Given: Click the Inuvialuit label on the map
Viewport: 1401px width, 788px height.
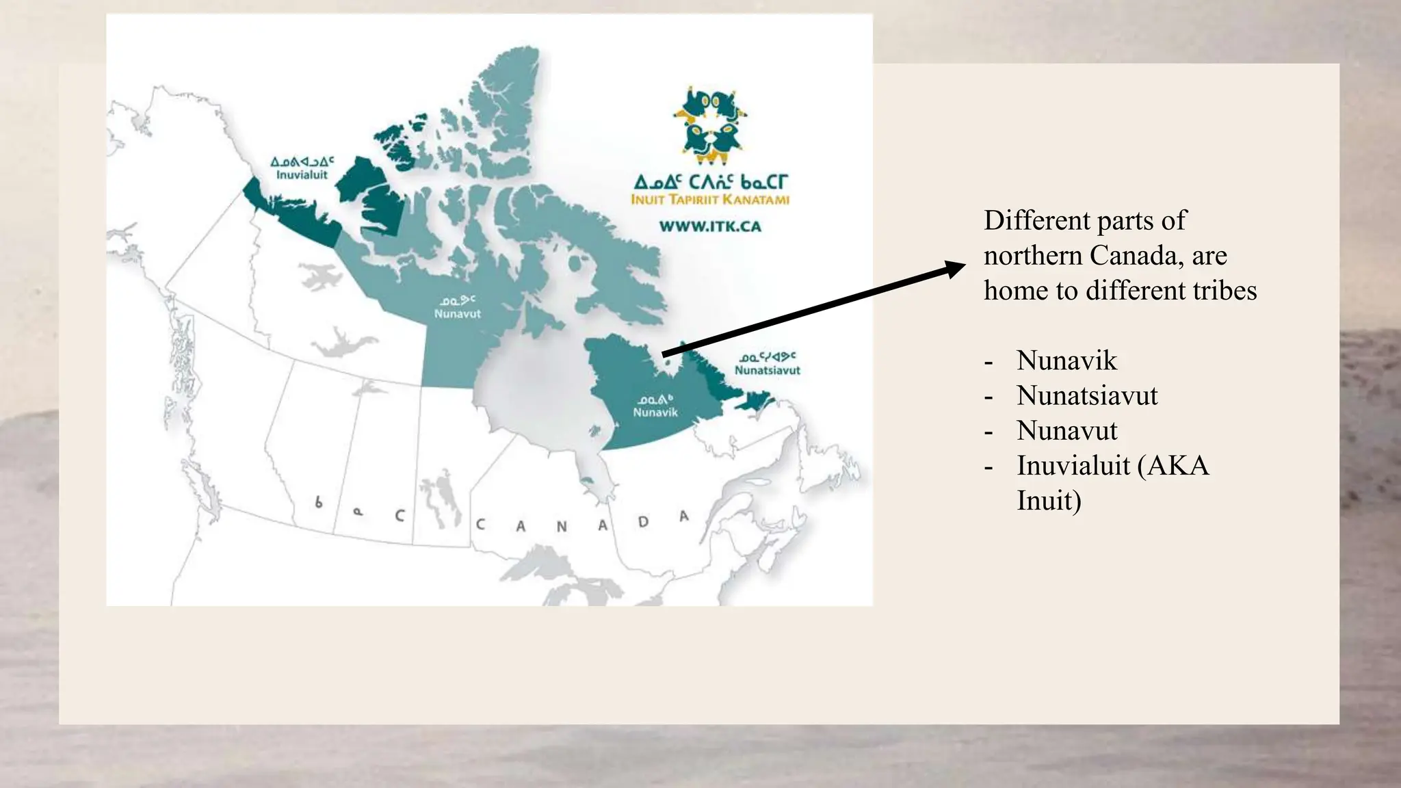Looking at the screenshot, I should click(x=302, y=175).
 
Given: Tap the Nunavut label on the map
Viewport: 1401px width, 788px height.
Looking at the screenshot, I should click(x=457, y=314).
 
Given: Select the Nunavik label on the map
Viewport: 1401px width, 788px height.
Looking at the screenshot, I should click(x=655, y=412).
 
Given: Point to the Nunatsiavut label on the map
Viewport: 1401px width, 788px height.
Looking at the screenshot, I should click(x=767, y=370).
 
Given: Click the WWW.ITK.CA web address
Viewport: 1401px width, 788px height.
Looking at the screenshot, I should click(x=710, y=226).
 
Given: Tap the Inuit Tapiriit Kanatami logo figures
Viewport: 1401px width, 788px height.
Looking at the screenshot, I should click(x=710, y=125).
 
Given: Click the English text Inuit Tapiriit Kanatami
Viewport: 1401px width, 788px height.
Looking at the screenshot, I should click(x=710, y=200).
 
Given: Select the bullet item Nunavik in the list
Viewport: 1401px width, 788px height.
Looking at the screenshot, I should click(x=1066, y=360).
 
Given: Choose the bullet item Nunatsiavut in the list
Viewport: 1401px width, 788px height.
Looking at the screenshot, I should click(x=1087, y=395).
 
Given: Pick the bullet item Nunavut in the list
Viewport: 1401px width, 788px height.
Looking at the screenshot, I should click(x=1066, y=431).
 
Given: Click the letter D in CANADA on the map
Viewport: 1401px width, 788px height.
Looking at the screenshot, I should click(x=643, y=522).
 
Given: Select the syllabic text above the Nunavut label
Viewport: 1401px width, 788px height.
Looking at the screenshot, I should click(x=457, y=300).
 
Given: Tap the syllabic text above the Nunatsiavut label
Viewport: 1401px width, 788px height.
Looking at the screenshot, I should click(x=767, y=357).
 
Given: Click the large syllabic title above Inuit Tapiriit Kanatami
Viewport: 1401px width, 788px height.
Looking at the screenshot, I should click(x=710, y=182).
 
